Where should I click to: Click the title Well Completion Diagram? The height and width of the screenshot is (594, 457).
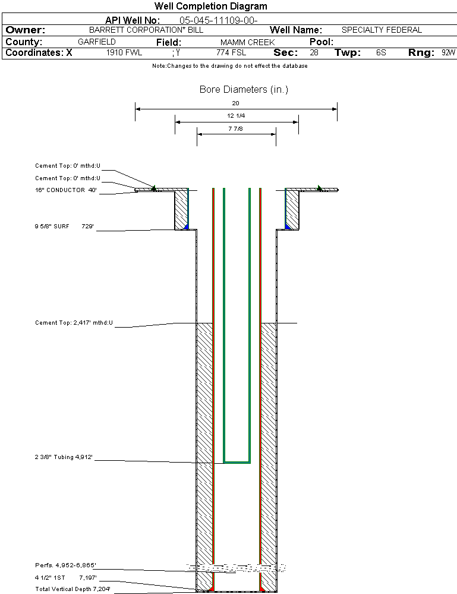(x=210, y=7)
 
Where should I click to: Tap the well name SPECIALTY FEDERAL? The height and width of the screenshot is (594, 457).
(x=382, y=30)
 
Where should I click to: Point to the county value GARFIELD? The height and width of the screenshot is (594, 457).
(x=97, y=42)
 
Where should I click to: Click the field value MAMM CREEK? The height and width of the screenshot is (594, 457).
(x=247, y=42)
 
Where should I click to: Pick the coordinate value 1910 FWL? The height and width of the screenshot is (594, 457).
(x=124, y=53)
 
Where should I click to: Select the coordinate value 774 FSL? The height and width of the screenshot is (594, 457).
(x=231, y=53)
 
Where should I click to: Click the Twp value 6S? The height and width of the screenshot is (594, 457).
(x=381, y=53)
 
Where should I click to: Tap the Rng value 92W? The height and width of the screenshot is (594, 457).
(x=448, y=53)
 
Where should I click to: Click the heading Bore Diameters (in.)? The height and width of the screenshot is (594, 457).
(x=244, y=90)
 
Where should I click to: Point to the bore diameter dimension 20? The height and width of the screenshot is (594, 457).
(x=235, y=103)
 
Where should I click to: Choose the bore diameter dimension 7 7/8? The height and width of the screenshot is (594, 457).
(x=236, y=128)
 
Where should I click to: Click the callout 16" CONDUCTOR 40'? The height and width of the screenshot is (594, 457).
(x=65, y=191)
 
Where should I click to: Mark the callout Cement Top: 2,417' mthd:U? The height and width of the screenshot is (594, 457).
(x=74, y=323)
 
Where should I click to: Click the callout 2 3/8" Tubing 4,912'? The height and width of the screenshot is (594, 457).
(x=64, y=457)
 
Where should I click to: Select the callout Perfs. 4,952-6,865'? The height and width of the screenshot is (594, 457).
(x=65, y=565)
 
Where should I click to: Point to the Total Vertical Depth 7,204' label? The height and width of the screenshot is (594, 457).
(x=73, y=589)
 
